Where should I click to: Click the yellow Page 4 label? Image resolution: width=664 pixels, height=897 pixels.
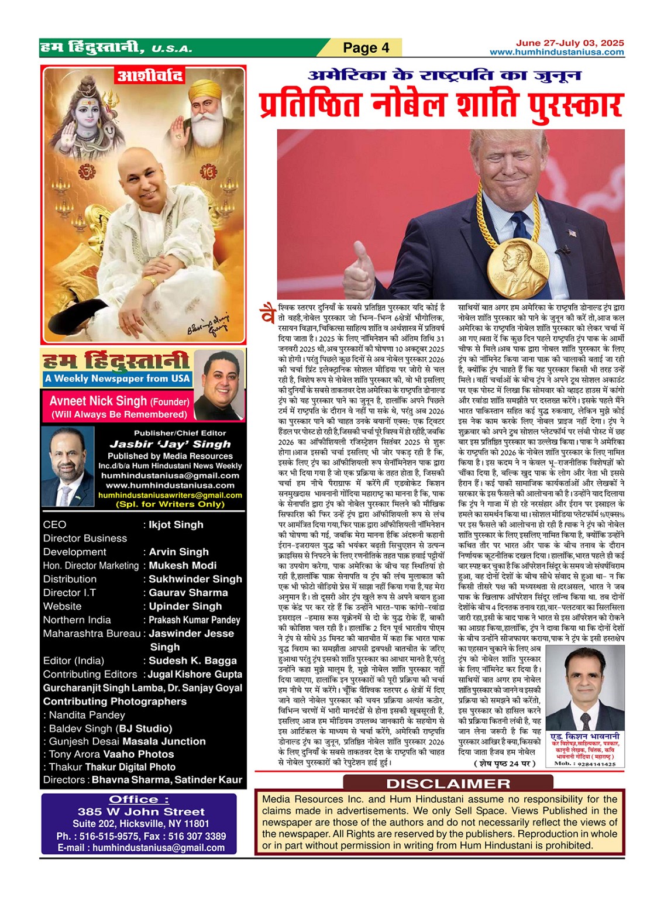(366, 48)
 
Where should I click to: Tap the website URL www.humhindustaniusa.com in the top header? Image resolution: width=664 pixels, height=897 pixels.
(556, 52)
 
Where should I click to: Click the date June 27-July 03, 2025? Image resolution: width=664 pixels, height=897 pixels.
(570, 43)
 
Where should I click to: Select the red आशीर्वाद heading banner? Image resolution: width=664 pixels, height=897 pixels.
(150, 76)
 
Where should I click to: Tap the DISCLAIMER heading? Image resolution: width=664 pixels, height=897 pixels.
(448, 783)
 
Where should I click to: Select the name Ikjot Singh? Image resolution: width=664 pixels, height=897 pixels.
(176, 525)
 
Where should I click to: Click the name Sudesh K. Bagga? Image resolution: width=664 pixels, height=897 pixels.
(192, 661)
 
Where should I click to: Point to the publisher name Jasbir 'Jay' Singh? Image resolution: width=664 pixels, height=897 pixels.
(170, 444)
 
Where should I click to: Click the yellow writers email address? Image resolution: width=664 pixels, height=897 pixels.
(170, 495)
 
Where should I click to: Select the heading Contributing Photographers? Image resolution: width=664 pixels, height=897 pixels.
(115, 702)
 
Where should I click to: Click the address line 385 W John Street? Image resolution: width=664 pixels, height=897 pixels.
(141, 812)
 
